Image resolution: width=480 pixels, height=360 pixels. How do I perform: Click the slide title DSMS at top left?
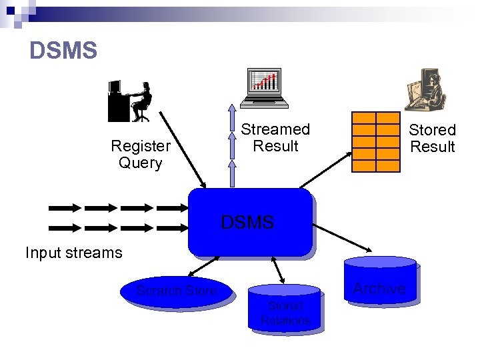point(64,51)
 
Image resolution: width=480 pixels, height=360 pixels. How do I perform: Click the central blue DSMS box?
point(249,222)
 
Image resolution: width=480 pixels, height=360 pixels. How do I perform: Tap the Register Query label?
point(141,154)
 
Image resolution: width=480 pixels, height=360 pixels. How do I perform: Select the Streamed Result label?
point(275,137)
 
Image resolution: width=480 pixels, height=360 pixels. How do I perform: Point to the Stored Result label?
point(432,138)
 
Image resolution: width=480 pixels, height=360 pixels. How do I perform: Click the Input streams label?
point(74,253)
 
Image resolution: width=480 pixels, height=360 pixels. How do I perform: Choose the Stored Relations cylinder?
point(285,309)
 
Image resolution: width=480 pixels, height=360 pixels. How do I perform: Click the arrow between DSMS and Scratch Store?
point(201,267)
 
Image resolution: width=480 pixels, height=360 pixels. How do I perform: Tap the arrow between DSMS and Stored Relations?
point(279,270)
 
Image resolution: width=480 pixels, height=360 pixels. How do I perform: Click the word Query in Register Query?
point(141,163)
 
